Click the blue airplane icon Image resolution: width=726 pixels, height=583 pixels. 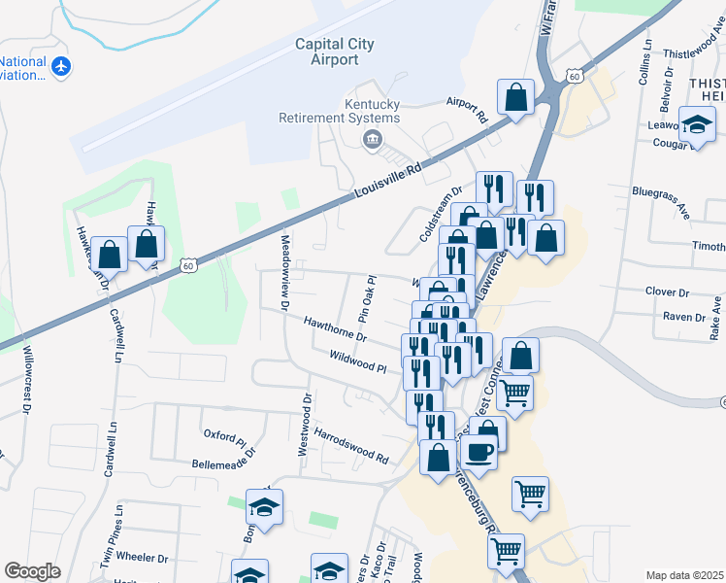coord(63,66)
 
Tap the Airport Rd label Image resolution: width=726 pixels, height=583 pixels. coord(467,108)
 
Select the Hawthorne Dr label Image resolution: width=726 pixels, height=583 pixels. coord(334,328)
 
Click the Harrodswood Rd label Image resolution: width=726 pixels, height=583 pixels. coord(351,443)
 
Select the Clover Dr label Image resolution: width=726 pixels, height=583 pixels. coord(667,291)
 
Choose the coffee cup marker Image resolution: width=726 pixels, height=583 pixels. coord(478,450)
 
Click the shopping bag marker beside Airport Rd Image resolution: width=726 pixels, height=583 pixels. coord(516,97)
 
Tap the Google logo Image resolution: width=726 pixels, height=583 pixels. coord(33,571)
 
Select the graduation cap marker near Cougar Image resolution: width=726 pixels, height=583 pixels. coord(696,127)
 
